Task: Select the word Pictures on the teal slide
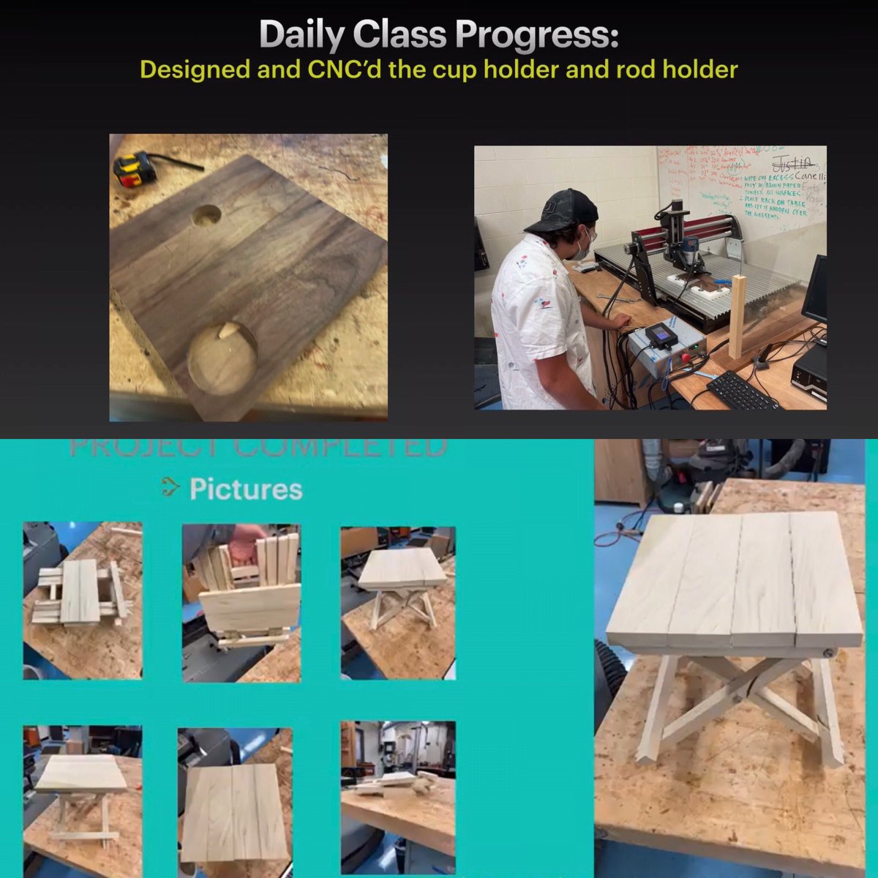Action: (246, 489)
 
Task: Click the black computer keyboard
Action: (743, 391)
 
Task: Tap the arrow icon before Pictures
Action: (170, 488)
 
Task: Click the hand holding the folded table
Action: (245, 539)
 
